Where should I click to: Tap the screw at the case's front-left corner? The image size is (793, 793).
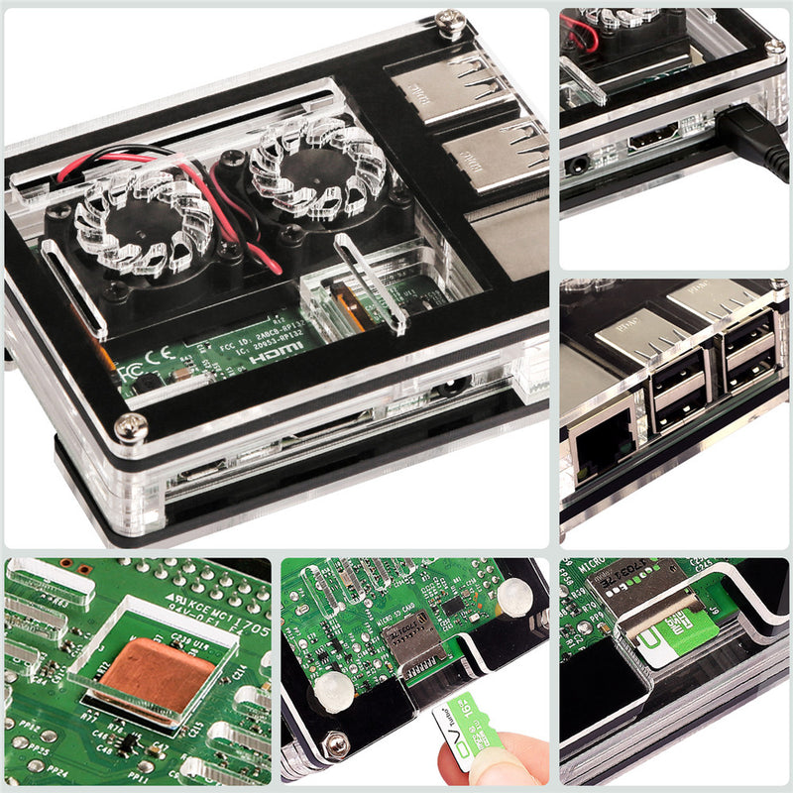pos(131,428)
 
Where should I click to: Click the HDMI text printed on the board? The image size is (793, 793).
pos(271,354)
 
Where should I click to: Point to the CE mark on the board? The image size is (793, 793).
pos(159,359)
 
